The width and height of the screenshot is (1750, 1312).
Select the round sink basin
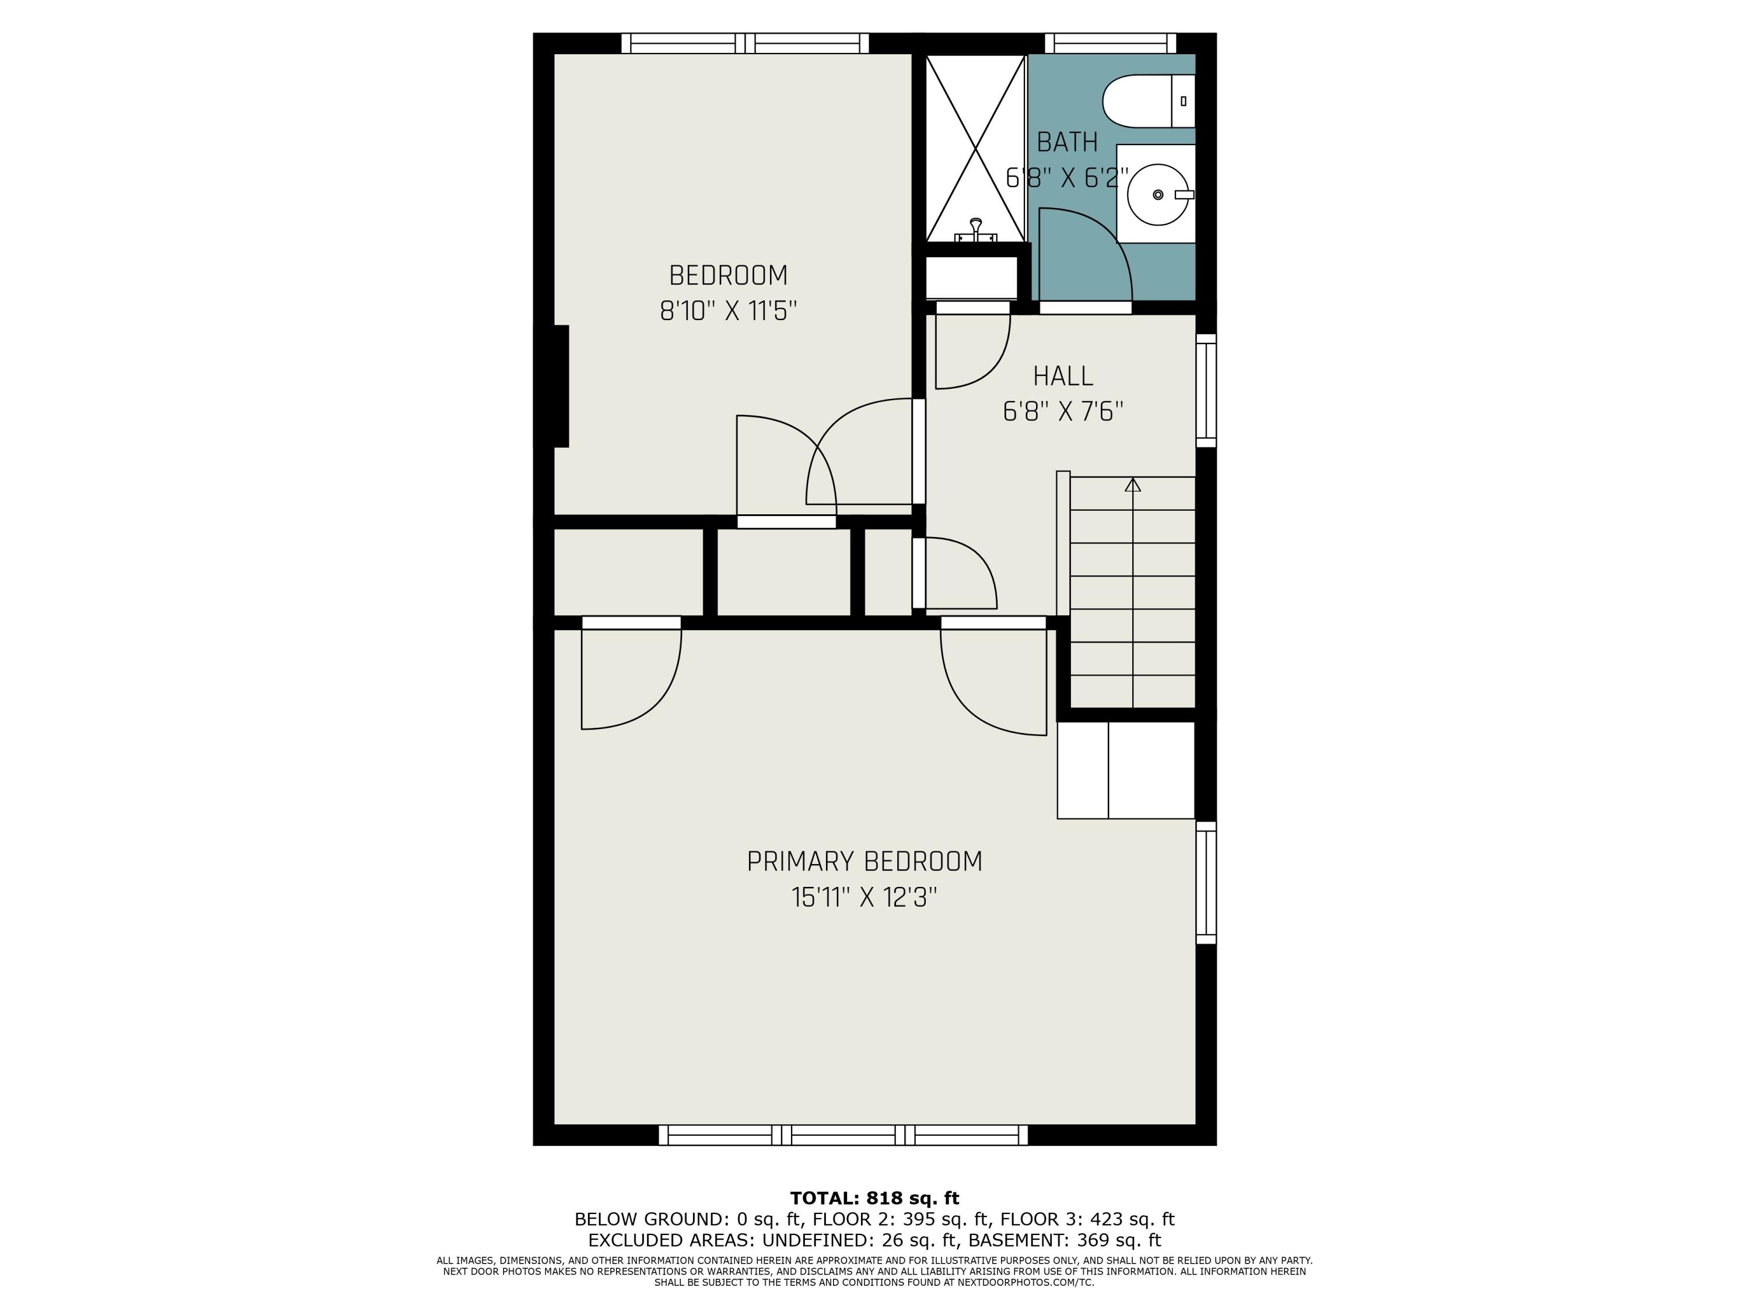(1157, 195)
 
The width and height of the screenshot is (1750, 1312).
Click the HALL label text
(1062, 377)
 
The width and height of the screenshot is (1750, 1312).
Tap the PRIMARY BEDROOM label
(864, 861)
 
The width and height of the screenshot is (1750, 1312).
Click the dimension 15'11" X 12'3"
(864, 897)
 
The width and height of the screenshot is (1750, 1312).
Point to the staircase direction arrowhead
(1133, 485)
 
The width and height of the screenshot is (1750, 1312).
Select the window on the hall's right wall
(1206, 391)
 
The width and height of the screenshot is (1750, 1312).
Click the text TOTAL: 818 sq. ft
(874, 1198)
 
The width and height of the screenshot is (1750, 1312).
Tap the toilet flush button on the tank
(1184, 101)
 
